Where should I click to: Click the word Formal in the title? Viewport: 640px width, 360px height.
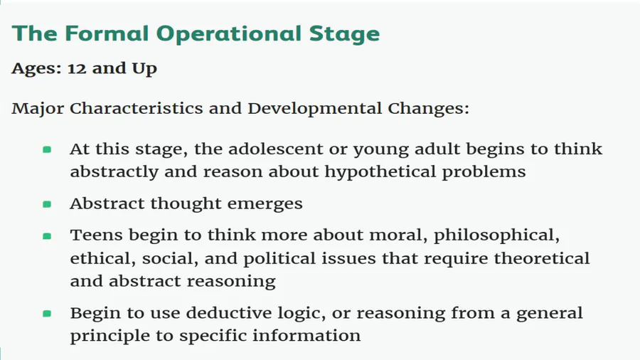point(107,33)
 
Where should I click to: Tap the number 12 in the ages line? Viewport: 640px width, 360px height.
point(77,68)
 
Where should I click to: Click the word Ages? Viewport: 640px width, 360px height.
point(36,68)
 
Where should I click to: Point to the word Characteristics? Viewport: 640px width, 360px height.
point(136,108)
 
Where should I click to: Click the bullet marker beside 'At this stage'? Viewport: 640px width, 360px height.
point(47,150)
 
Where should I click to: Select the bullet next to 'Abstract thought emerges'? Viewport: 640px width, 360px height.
point(47,203)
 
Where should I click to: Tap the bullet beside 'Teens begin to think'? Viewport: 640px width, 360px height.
point(47,236)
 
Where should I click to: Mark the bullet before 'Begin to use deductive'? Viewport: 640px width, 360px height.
point(47,314)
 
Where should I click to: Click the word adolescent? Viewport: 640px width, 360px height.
point(275,149)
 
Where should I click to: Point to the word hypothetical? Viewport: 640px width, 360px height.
point(380,172)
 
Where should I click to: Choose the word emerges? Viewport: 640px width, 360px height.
point(265,204)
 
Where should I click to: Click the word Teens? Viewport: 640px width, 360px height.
point(96,235)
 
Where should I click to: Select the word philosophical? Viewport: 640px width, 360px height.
point(496,235)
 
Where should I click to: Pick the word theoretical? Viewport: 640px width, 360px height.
point(542,258)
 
